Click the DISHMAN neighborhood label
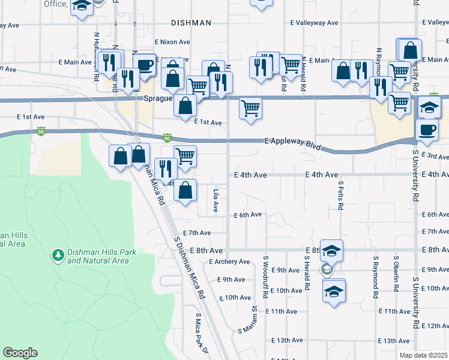191,23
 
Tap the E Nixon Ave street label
172,43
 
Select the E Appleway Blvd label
293,144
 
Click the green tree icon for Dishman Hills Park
58,256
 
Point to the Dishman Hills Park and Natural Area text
98,257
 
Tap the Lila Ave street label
215,201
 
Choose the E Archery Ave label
229,262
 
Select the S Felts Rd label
340,196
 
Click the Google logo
20,353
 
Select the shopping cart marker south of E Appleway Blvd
185,156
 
